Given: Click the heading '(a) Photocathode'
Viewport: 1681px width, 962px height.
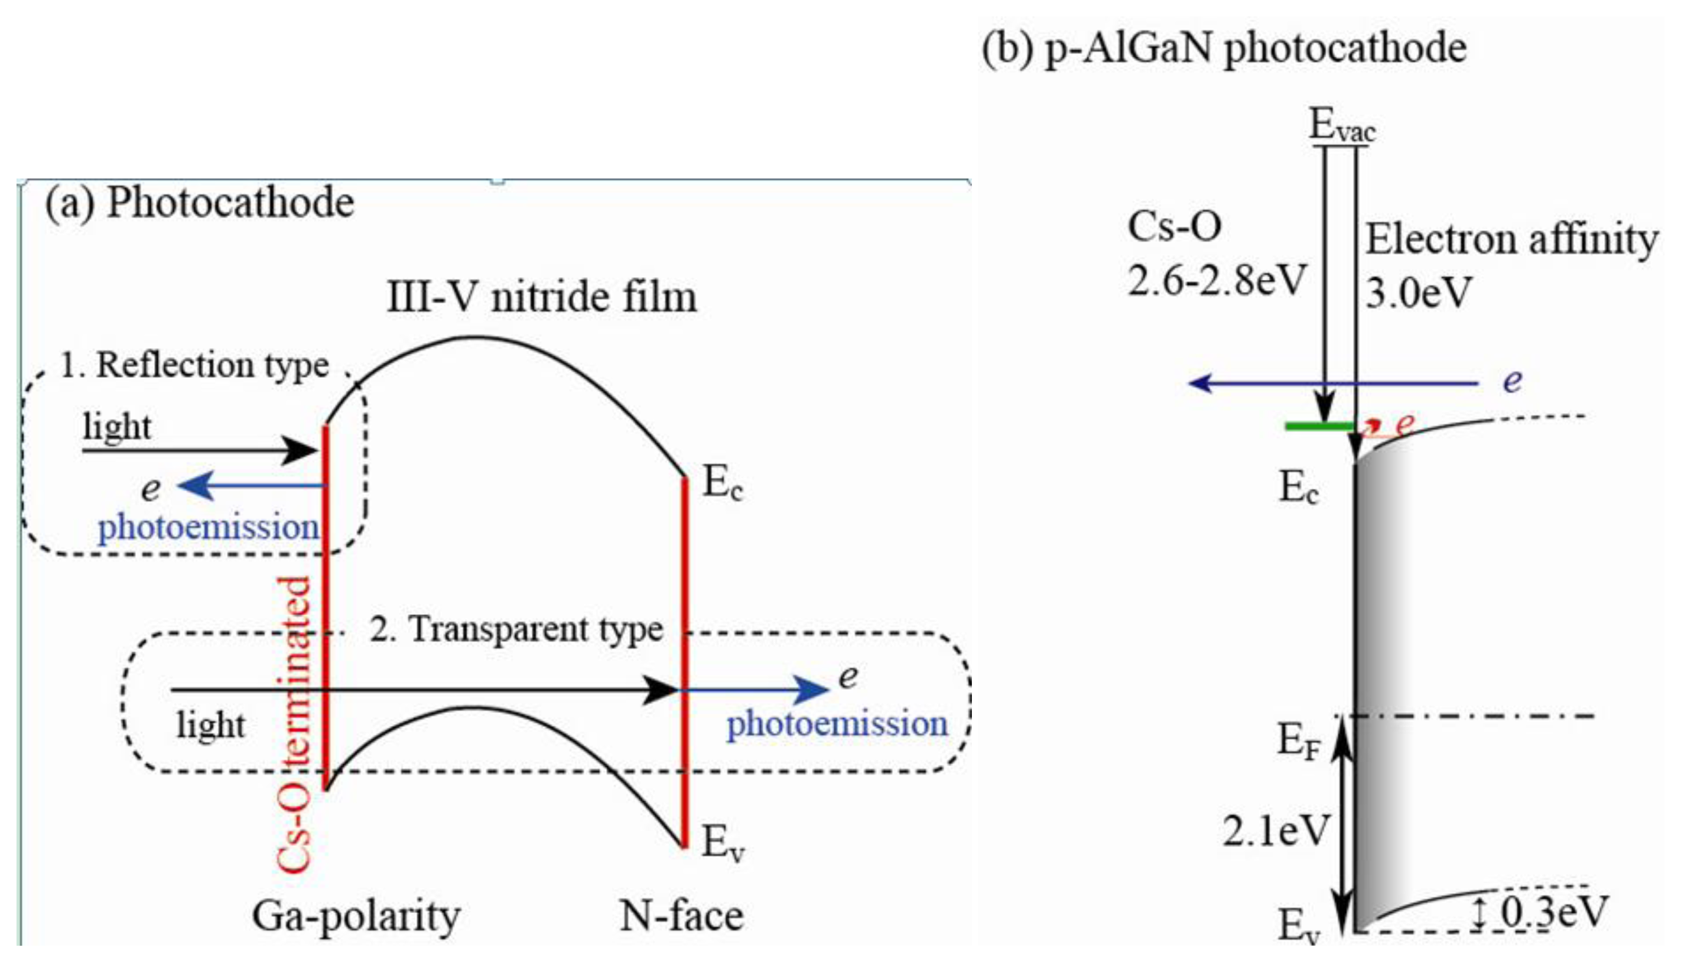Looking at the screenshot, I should [x=200, y=202].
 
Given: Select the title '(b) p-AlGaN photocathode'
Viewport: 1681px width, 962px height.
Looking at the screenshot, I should [x=1224, y=48].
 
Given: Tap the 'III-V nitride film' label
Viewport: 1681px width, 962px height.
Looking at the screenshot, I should [x=541, y=297].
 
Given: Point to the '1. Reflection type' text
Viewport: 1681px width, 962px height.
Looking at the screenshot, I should [x=195, y=366].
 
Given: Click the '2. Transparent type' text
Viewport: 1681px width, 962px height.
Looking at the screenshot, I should [x=516, y=629].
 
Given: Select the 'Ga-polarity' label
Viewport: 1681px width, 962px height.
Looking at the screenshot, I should [x=356, y=917].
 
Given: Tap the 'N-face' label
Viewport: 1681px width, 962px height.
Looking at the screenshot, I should [x=681, y=917].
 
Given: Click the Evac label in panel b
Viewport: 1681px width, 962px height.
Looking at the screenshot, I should [x=1342, y=126].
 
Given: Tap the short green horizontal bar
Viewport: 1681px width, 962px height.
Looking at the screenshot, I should [x=1319, y=427].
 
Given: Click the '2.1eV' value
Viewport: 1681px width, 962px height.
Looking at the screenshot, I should [x=1275, y=831].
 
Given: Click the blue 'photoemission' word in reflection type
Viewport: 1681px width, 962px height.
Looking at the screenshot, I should [x=209, y=528].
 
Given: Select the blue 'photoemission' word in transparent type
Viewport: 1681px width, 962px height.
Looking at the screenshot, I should [x=837, y=724].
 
